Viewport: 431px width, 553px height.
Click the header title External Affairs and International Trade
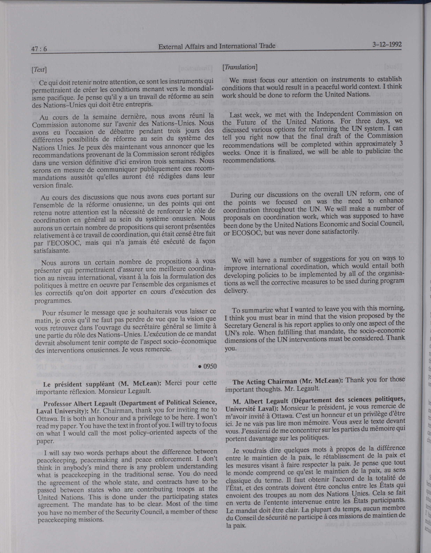tap(217, 46)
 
